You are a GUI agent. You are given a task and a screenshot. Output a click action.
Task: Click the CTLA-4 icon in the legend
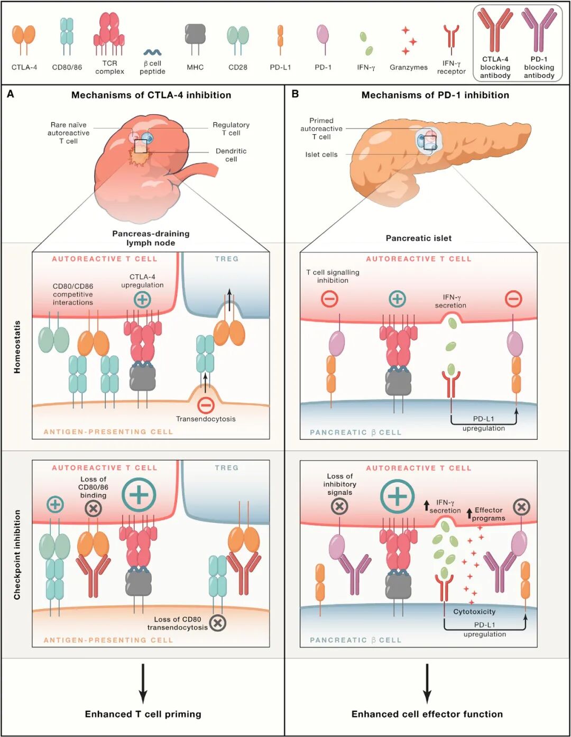pyautogui.click(x=24, y=40)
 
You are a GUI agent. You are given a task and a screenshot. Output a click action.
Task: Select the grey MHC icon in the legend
pyautogui.click(x=195, y=39)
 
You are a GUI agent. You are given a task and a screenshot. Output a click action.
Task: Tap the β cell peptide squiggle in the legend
pyautogui.click(x=152, y=52)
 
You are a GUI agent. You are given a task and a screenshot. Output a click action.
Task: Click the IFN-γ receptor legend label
pyautogui.click(x=451, y=67)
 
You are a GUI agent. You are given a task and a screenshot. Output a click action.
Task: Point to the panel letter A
pyautogui.click(x=11, y=94)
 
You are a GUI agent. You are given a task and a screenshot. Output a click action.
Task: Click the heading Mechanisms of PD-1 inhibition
pyautogui.click(x=435, y=95)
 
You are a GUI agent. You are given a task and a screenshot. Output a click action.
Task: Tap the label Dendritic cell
pyautogui.click(x=231, y=155)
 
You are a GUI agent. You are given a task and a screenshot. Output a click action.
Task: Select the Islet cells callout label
pyautogui.click(x=321, y=155)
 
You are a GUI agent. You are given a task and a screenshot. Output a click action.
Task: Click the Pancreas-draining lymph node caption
pyautogui.click(x=151, y=238)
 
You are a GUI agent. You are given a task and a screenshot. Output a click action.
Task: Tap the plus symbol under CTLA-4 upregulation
pyautogui.click(x=142, y=299)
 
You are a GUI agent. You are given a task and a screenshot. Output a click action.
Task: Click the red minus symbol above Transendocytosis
pyautogui.click(x=206, y=405)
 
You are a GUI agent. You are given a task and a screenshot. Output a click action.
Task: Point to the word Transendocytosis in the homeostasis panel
pyautogui.click(x=206, y=419)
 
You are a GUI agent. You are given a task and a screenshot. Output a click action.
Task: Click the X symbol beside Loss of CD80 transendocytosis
pyautogui.click(x=218, y=622)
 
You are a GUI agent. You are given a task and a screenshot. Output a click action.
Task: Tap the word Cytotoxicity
pyautogui.click(x=474, y=612)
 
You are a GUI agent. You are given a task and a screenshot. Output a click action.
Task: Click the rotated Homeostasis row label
pyautogui.click(x=17, y=347)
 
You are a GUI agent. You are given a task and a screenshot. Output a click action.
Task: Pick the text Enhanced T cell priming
pyautogui.click(x=143, y=714)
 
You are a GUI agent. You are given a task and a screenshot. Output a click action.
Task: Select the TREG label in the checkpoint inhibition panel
pyautogui.click(x=227, y=468)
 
